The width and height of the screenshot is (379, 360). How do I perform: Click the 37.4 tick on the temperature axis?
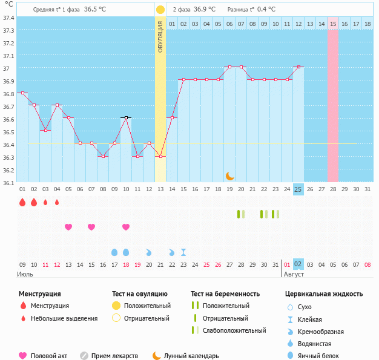coord(8,18)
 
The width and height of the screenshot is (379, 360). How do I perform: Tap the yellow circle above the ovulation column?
coord(160,10)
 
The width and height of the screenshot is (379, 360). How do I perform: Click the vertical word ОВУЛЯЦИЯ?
coord(160,36)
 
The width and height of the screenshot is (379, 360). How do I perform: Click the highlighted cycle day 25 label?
coord(298,189)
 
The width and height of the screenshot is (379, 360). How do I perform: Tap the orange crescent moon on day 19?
coord(229,175)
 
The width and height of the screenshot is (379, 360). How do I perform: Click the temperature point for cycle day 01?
coord(22,93)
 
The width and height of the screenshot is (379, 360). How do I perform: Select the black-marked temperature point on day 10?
coord(126,117)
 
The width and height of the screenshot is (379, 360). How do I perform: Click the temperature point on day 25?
coord(298,67)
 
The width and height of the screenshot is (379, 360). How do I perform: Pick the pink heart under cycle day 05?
coord(68,227)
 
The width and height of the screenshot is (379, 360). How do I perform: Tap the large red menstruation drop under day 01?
coord(22,202)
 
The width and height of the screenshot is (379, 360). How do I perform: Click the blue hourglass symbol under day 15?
coord(183,252)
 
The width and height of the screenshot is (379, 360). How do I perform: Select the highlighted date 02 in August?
coord(298,264)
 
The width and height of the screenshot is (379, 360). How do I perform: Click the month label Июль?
coord(24,274)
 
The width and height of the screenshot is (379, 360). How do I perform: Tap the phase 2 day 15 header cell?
coord(333,24)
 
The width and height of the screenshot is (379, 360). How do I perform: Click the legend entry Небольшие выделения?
coord(64,318)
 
